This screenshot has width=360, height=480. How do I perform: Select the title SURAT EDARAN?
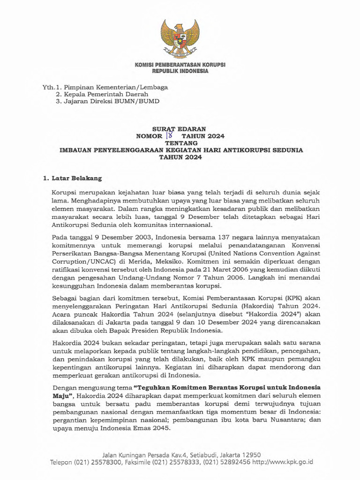pyautogui.click(x=180, y=128)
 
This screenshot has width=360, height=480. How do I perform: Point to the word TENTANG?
pyautogui.click(x=180, y=143)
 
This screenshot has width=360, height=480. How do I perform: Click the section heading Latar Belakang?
pyautogui.click(x=75, y=179)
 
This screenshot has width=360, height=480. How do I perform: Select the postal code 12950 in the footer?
pyautogui.click(x=251, y=454)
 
